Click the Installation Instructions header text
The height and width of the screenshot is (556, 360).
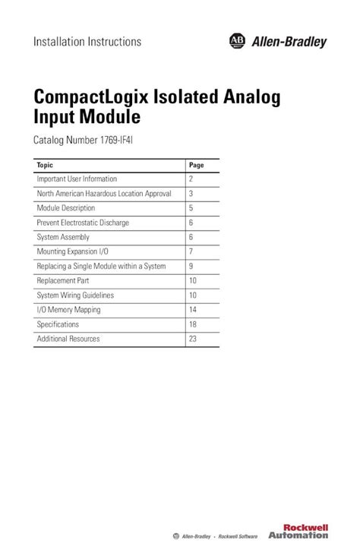(x=87, y=42)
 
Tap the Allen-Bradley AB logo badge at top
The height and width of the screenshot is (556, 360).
(x=235, y=42)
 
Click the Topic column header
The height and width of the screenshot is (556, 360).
(x=45, y=164)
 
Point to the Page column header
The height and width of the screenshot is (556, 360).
(x=197, y=164)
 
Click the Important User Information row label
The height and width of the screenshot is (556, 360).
(x=77, y=179)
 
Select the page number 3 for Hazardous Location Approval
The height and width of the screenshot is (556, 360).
(x=191, y=194)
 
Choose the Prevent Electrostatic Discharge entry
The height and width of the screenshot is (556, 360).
(x=83, y=223)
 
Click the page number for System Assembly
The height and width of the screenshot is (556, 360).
(x=191, y=237)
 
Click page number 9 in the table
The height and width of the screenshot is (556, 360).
(x=191, y=267)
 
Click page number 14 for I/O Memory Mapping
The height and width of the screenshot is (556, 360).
(x=193, y=310)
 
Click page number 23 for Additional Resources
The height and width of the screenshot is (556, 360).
(x=193, y=339)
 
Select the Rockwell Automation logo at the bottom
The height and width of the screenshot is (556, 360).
(x=307, y=530)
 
